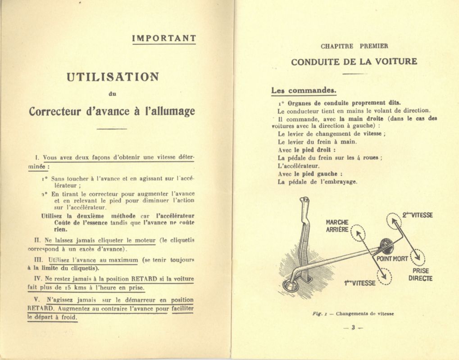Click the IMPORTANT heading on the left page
tap(164, 39)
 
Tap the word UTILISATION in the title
tap(113, 76)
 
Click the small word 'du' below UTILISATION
tap(113, 94)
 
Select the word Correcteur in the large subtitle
tap(56, 111)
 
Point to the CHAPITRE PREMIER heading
tap(354, 46)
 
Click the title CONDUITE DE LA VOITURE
tap(354, 62)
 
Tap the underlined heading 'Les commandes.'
tap(304, 90)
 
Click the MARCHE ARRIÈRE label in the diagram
tap(337, 226)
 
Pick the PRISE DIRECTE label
tap(420, 274)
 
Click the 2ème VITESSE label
tap(418, 216)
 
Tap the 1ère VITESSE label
tap(359, 283)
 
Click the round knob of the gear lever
tap(386, 245)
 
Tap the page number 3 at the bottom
tap(353, 328)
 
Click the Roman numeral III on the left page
tap(38, 260)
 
